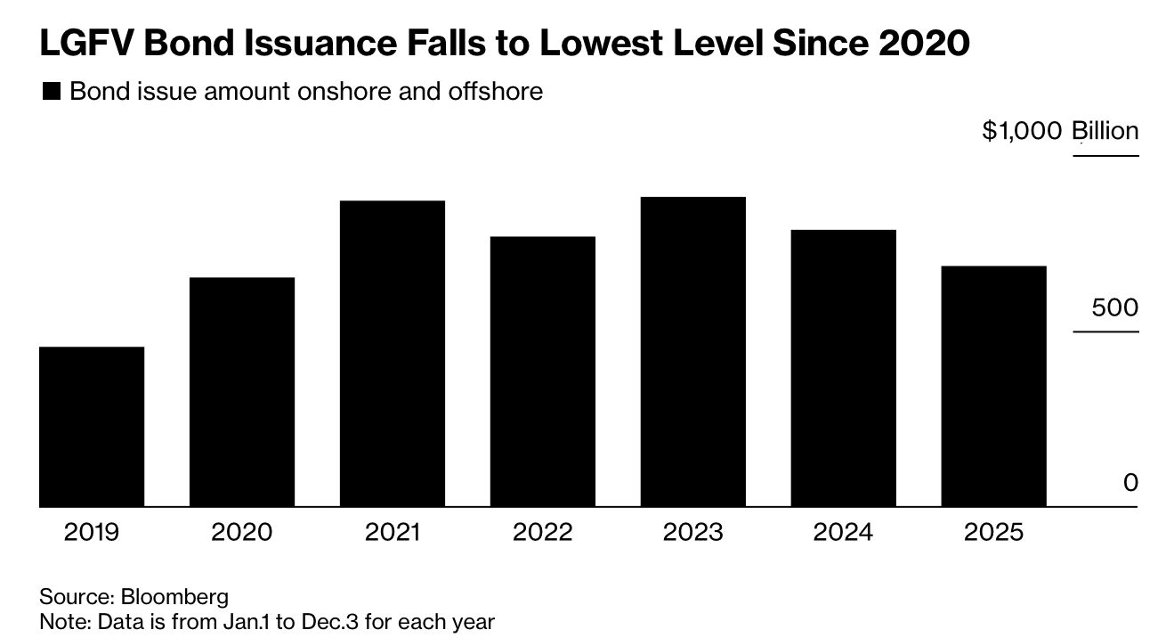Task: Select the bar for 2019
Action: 92,427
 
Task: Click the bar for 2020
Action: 242,392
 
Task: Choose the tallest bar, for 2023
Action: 693,352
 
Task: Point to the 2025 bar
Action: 993,387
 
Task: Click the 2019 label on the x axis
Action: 92,533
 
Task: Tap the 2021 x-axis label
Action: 393,533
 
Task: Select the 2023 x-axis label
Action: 693,533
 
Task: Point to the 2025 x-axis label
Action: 993,533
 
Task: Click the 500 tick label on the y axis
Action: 1115,308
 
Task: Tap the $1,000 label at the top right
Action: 1022,131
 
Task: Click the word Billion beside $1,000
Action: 1105,131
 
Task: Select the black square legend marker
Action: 52,92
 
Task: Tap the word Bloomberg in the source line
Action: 174,596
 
